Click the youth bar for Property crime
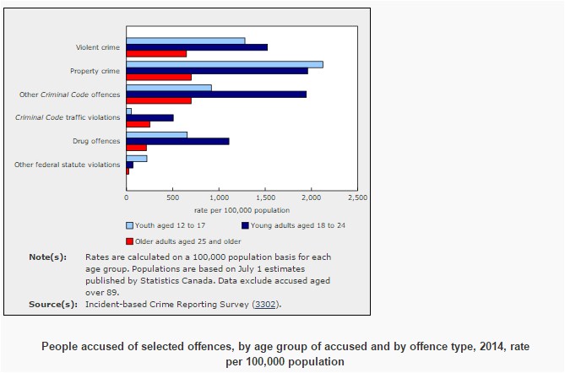pyautogui.click(x=224, y=64)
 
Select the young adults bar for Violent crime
pyautogui.click(x=197, y=47)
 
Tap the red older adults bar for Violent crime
pyautogui.click(x=156, y=54)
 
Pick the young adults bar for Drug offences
pyautogui.click(x=177, y=141)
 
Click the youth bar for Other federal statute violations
pyautogui.click(x=136, y=158)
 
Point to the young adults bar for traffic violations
pyautogui.click(x=149, y=118)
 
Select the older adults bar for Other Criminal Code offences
pyautogui.click(x=159, y=101)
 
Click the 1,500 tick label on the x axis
pyautogui.click(x=264, y=197)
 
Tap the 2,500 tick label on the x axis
pyautogui.click(x=357, y=197)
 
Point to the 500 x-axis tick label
pyautogui.click(x=172, y=197)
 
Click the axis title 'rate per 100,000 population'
pyautogui.click(x=242, y=209)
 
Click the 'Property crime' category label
pyautogui.click(x=95, y=71)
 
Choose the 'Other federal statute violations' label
pyautogui.click(x=68, y=164)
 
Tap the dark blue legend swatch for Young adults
pyautogui.click(x=245, y=225)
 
